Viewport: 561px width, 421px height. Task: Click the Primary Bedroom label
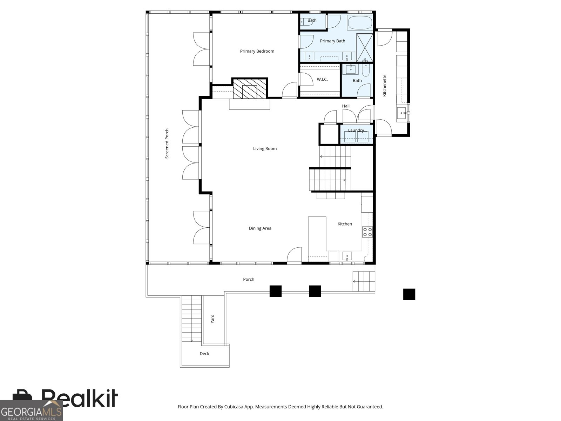coord(257,51)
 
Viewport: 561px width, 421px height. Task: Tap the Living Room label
coord(265,149)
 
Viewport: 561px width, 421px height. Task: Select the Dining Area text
coord(260,228)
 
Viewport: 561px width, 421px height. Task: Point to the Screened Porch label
coord(167,143)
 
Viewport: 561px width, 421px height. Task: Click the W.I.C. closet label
coord(322,80)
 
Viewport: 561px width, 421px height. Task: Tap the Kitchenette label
coord(384,86)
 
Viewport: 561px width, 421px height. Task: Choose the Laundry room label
coord(356,131)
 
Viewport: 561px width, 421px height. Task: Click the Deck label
coord(204,354)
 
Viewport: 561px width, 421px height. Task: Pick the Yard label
coord(212,319)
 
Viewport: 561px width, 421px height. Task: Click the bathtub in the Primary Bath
coord(360,23)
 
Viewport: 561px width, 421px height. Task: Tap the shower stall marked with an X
coord(365,48)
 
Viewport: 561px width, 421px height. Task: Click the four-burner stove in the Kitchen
coord(367,232)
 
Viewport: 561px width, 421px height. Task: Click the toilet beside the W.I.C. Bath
coord(366,70)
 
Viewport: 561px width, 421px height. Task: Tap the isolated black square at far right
coord(409,294)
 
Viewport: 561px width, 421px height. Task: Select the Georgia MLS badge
coord(32,410)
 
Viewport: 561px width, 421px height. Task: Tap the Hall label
coord(346,106)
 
